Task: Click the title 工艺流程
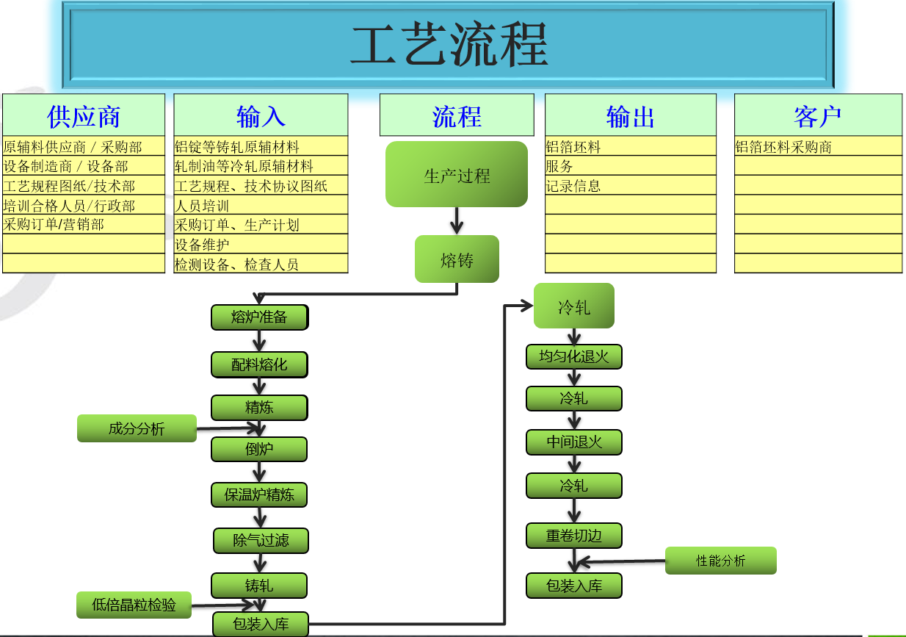449,44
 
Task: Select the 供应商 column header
84,115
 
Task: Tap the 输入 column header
261,115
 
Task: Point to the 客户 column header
818,115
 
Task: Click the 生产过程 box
457,174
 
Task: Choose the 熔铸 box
457,259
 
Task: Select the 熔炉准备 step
259,317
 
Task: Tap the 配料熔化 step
259,364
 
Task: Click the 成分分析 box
137,428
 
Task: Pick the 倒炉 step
259,449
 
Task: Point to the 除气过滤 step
261,541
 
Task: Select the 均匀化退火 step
574,357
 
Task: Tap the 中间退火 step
574,442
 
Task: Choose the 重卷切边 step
574,536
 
